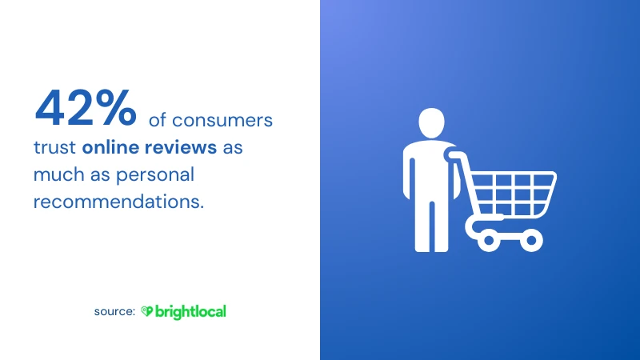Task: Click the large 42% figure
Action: pos(86,108)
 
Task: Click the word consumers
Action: pos(222,121)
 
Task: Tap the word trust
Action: pos(54,147)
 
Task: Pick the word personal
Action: pos(155,175)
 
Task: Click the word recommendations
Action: pos(118,202)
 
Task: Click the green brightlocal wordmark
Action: pos(190,312)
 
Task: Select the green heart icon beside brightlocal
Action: pos(146,311)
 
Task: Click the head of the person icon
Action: pos(431,123)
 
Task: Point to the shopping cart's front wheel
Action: pos(531,240)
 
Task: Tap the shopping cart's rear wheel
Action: pos(489,240)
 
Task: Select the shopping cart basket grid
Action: pos(513,194)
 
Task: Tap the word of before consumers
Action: pos(158,120)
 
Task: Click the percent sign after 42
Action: pos(116,108)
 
